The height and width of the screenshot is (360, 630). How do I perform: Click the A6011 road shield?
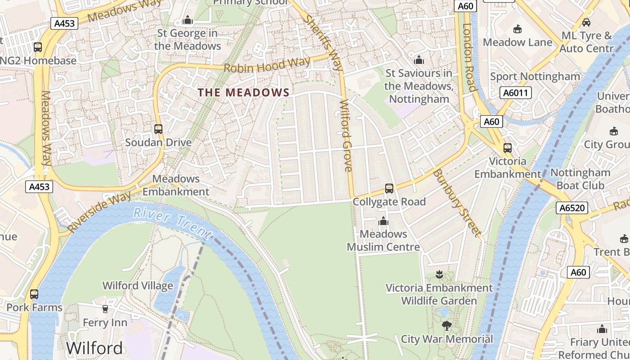pos(516,93)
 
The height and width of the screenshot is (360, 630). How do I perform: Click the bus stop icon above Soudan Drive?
pos(158,129)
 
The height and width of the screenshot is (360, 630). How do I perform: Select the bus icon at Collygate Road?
pos(389,189)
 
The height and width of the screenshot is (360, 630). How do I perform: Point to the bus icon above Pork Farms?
pos(34,294)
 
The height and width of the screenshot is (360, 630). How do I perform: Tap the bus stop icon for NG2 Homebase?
pos(38,47)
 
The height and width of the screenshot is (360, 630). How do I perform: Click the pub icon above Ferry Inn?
pos(105,309)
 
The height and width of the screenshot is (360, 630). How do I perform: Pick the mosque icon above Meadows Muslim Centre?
pos(383,221)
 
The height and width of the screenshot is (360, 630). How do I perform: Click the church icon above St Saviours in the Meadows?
pos(419,60)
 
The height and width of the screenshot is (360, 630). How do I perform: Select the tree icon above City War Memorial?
pos(446,325)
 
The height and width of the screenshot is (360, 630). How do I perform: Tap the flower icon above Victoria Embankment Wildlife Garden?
pos(439,274)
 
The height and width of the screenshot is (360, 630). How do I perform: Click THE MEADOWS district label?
pos(244,93)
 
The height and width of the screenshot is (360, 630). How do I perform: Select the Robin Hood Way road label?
pos(267,65)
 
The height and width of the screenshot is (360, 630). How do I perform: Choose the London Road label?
pos(468,57)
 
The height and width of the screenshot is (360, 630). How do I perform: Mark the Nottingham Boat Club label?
pos(580,179)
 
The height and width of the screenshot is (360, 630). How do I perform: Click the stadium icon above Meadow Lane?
pos(517,29)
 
